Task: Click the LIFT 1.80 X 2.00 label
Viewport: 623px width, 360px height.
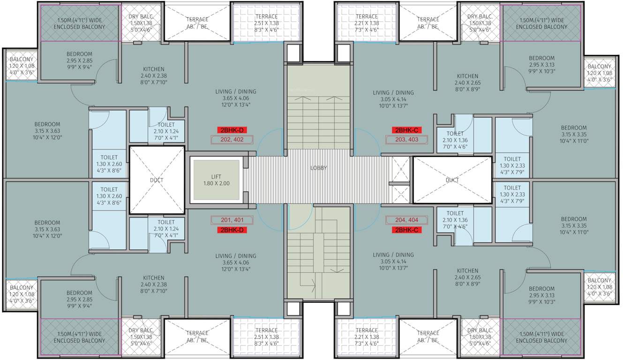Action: (x=216, y=180)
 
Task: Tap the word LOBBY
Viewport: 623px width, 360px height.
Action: (x=318, y=168)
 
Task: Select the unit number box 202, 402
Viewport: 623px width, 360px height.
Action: (x=232, y=139)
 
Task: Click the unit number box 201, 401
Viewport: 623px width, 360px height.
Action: (x=232, y=220)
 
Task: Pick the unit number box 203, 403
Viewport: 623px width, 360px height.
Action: (x=406, y=139)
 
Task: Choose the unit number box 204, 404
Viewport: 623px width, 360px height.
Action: (x=406, y=220)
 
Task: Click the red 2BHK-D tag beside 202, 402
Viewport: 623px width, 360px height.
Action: (x=232, y=130)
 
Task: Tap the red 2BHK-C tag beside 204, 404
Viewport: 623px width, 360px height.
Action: (x=406, y=230)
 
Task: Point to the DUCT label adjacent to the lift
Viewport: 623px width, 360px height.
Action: (x=156, y=180)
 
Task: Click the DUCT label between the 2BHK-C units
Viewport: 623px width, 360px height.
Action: (x=452, y=180)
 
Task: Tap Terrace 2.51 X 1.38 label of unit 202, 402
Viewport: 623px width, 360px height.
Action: (x=266, y=23)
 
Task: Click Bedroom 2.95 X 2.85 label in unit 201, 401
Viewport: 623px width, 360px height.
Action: (x=79, y=299)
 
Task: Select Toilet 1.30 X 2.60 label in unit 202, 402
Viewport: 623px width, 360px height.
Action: (x=109, y=164)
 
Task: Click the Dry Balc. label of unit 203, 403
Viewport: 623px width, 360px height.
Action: (x=479, y=23)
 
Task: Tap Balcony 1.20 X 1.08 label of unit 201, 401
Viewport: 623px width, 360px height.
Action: (x=22, y=294)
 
